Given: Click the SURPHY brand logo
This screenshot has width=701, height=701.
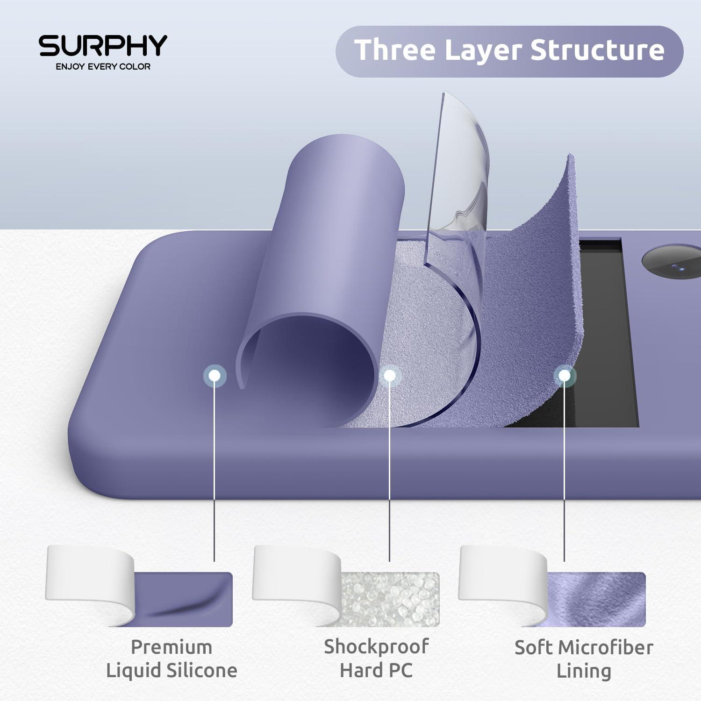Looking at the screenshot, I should coord(103,46).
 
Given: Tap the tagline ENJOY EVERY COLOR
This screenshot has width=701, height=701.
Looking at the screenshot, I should coord(103,67).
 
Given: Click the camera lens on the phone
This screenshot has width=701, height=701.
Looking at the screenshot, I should coord(673,266).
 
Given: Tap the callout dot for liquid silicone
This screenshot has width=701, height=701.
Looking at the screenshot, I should coord(215,375).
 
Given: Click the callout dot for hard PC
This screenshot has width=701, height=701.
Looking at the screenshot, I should coord(389,375).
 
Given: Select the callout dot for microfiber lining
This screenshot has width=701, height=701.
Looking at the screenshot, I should coord(564,375).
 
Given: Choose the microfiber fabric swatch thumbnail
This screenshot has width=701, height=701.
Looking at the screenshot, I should coord(596,599).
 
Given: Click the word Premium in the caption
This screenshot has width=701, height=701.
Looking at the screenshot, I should coord(172,648).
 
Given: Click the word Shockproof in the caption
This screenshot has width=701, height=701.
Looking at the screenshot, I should coord(376,647).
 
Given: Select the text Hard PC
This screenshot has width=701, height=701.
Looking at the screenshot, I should coord(376,670).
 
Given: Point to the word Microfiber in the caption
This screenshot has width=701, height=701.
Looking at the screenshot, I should coord(605,648).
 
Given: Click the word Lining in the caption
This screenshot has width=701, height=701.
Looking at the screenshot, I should coord(584,671).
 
